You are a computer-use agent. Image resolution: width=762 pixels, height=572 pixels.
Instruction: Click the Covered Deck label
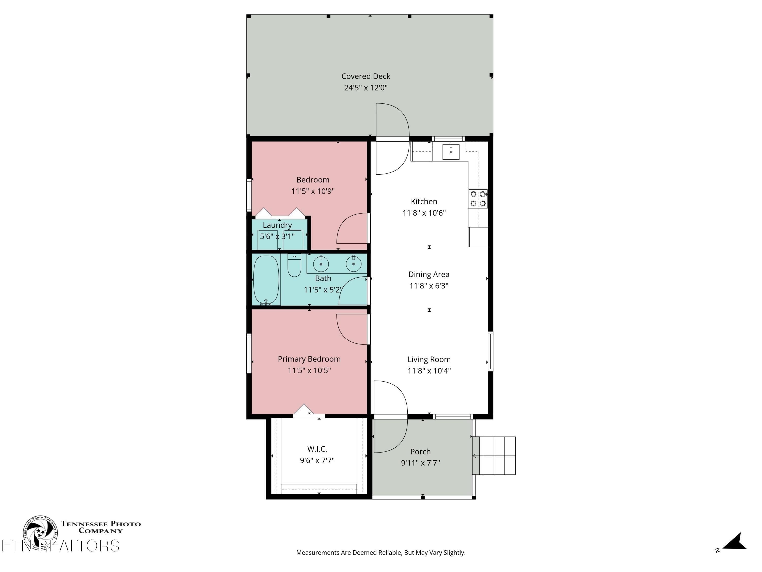pos(366,76)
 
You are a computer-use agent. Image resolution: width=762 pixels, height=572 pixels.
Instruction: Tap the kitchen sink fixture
pos(451,152)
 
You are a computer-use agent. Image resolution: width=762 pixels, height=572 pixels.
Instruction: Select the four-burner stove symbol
pos(478,199)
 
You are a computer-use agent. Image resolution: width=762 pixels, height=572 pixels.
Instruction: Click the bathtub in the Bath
pos(266,280)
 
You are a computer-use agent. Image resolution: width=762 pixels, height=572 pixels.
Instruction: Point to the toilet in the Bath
pos(294,265)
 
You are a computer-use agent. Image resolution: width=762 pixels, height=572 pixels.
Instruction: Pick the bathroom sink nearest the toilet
pos(321,264)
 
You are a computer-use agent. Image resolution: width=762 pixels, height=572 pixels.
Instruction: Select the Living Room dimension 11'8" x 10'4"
pos(429,371)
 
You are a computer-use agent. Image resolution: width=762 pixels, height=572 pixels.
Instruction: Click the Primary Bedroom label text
pos(309,359)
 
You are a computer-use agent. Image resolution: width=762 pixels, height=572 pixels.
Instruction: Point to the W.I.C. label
pos(317,449)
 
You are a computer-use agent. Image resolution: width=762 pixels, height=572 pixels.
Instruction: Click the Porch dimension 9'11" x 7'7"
pos(420,463)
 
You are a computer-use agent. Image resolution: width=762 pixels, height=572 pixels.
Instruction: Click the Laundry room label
pos(277,225)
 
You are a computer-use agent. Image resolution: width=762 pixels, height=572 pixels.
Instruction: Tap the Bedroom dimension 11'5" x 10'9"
pos(313,191)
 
